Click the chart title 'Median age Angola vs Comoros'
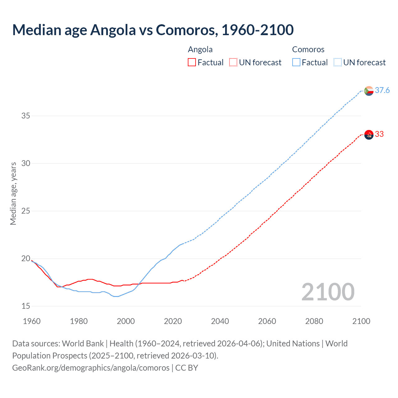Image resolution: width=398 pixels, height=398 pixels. pyautogui.click(x=153, y=30)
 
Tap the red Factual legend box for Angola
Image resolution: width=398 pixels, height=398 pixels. pyautogui.click(x=192, y=62)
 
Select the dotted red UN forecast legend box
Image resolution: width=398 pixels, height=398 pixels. pyautogui.click(x=233, y=62)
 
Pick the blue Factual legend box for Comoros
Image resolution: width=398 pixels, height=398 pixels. pyautogui.click(x=296, y=62)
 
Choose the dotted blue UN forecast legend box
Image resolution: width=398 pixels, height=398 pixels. pyautogui.click(x=337, y=62)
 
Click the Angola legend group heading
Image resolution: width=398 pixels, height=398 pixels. pyautogui.click(x=200, y=49)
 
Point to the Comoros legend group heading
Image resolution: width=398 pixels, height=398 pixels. pyautogui.click(x=308, y=49)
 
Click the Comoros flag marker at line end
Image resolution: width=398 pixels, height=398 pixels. pyautogui.click(x=369, y=91)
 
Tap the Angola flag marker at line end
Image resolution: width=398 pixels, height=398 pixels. pyautogui.click(x=369, y=135)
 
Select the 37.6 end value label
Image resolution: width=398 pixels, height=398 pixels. pyautogui.click(x=382, y=90)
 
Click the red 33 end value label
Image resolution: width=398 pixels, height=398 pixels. pyautogui.click(x=379, y=134)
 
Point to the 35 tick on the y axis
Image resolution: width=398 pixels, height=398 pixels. pyautogui.click(x=26, y=116)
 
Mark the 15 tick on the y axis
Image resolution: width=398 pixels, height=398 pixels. pyautogui.click(x=26, y=306)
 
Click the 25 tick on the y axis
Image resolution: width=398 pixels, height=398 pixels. pyautogui.click(x=26, y=211)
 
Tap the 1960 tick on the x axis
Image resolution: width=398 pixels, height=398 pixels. pyautogui.click(x=32, y=321)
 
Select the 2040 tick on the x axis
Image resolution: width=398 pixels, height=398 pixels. pyautogui.click(x=220, y=321)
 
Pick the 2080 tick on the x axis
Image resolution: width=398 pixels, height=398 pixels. pyautogui.click(x=314, y=321)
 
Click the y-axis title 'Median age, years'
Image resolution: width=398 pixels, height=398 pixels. pyautogui.click(x=13, y=193)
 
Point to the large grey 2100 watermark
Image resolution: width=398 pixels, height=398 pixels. pyautogui.click(x=328, y=292)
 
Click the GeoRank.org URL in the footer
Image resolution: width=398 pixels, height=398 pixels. pyautogui.click(x=91, y=368)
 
